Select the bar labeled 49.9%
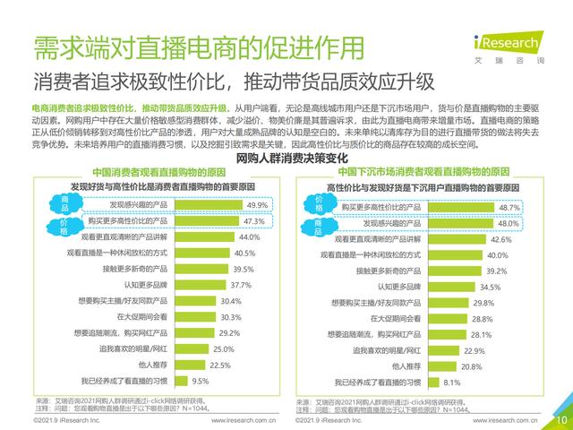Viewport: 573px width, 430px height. point(197,205)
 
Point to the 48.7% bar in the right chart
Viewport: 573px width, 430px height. point(471,207)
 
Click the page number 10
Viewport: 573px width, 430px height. point(561,418)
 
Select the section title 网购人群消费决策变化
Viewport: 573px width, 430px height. point(286,158)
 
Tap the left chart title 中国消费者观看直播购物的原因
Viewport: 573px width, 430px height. point(157,171)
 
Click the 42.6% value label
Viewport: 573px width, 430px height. point(500,239)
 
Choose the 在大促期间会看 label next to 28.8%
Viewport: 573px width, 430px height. point(398,319)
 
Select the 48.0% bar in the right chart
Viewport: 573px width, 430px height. point(470,223)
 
